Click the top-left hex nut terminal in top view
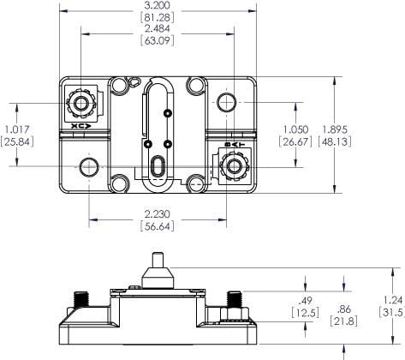coord(82,105)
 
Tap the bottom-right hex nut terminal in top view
coord(229,165)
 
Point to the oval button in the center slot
coord(157,165)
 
